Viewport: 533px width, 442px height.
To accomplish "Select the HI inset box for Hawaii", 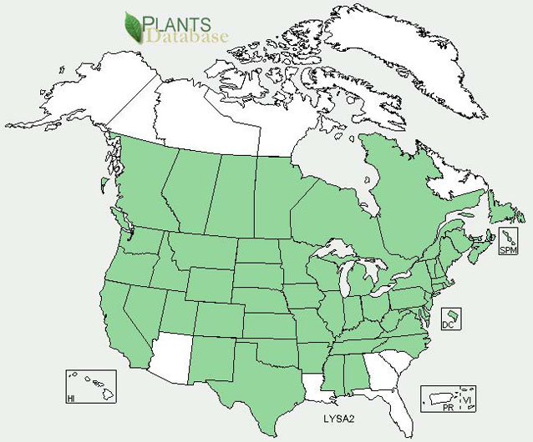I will coord(91,386).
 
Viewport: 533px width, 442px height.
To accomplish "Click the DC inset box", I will coord(449,318).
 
